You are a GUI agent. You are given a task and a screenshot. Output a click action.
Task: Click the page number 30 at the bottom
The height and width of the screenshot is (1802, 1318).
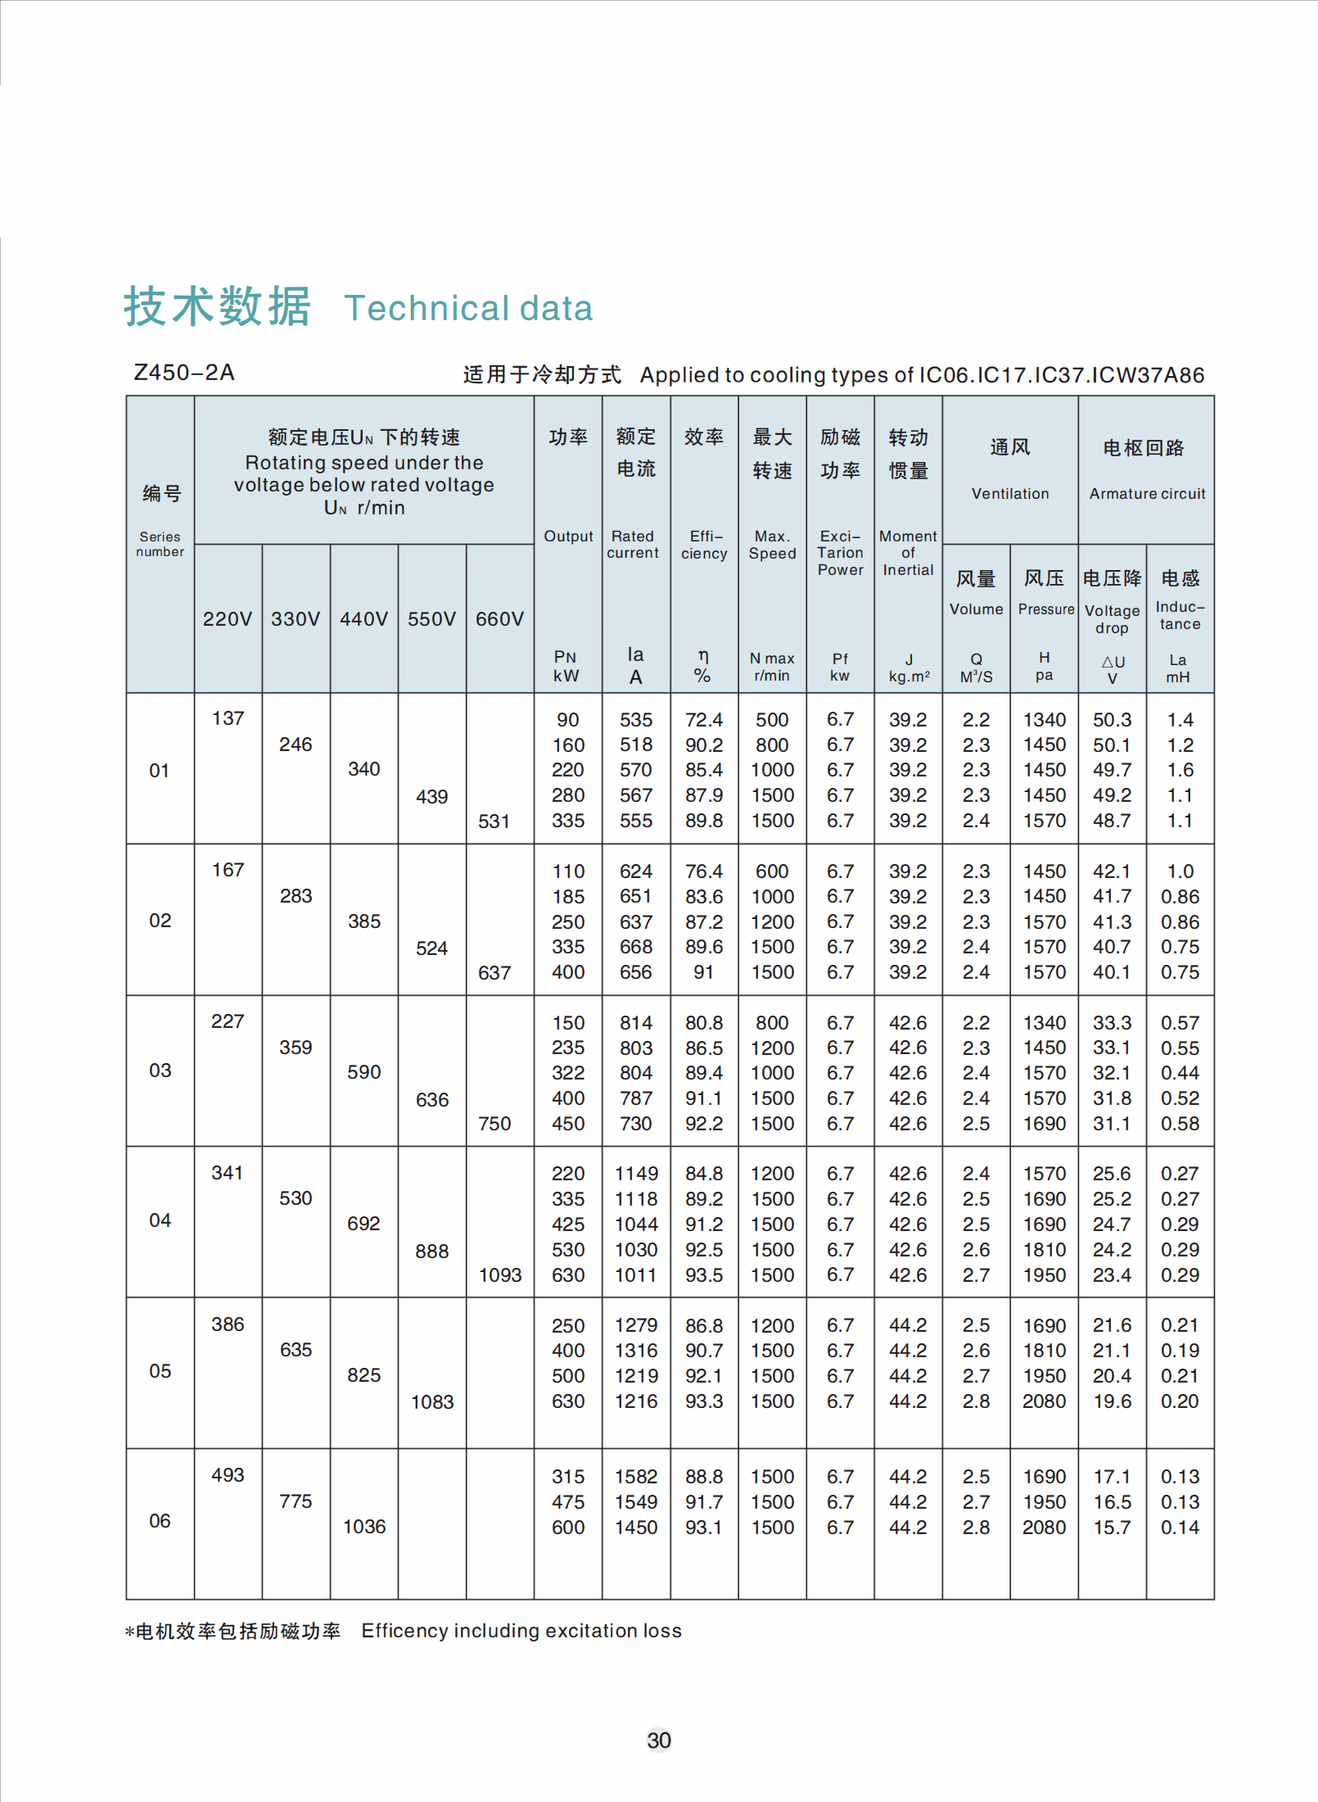tap(658, 1740)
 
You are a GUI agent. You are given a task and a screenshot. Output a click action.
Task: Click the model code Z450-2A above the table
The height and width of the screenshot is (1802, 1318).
tap(184, 373)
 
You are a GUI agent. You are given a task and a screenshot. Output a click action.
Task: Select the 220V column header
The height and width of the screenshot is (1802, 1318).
tap(228, 619)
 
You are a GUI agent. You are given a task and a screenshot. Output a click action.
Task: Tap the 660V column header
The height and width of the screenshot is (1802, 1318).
tap(499, 619)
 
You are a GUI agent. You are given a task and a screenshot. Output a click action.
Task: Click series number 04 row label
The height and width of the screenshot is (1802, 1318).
tap(160, 1220)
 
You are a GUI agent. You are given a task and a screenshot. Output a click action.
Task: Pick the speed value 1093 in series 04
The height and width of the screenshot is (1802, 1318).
tap(500, 1275)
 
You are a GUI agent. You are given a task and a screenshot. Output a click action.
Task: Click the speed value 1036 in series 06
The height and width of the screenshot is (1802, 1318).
tap(364, 1527)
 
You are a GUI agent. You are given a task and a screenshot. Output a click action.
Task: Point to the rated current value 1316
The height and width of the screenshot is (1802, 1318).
tap(636, 1351)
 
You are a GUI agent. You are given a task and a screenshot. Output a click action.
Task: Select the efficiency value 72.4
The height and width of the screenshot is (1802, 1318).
tap(704, 720)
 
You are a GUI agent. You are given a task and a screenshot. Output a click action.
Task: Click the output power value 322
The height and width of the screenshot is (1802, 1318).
tap(568, 1073)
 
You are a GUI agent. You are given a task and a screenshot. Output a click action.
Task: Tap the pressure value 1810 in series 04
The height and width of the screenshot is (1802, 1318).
tap(1045, 1250)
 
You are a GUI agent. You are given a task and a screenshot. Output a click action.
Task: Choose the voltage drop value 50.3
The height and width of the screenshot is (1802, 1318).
tap(1112, 720)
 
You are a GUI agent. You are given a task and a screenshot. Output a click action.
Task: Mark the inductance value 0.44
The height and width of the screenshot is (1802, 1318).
tap(1180, 1073)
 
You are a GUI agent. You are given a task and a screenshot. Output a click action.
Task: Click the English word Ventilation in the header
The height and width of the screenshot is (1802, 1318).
tap(1010, 494)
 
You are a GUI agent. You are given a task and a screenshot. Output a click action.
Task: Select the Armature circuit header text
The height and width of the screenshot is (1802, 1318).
tap(1147, 494)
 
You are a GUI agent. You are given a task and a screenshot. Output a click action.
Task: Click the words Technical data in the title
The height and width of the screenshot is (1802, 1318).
tap(468, 309)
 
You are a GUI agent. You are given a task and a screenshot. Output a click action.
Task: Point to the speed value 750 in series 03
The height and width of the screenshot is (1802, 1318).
tap(494, 1124)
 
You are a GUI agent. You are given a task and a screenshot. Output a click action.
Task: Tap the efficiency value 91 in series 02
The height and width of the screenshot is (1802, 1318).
tap(704, 972)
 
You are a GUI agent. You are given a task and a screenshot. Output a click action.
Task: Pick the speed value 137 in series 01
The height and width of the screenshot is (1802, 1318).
tap(228, 718)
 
